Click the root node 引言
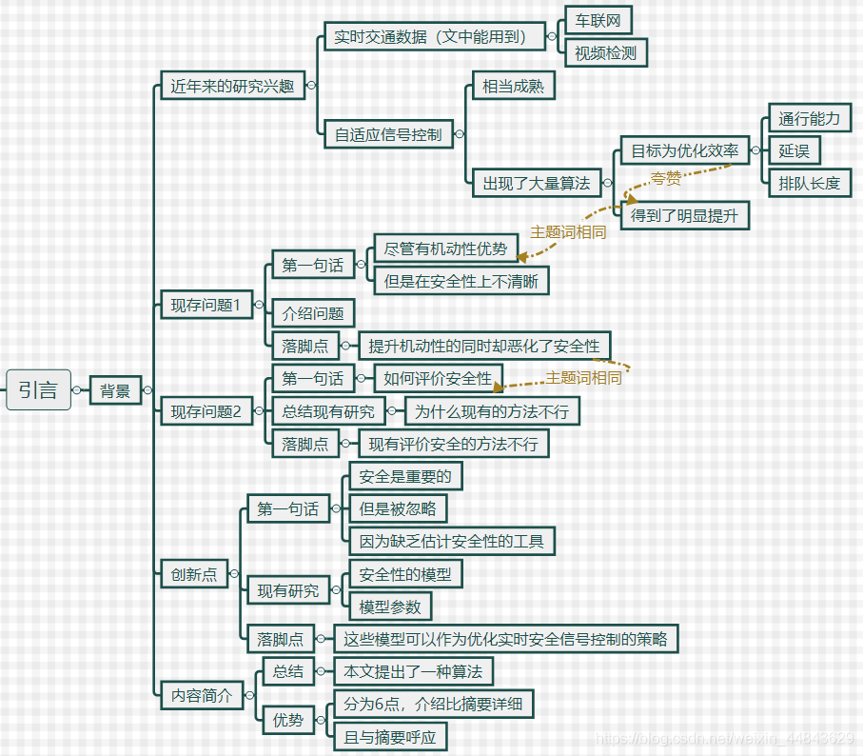coord(38,389)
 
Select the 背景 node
coord(115,390)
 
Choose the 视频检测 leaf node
coord(605,53)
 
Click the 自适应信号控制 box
coord(388,134)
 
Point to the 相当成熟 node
coord(513,86)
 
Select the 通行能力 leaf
coord(809,118)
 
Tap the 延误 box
coord(794,150)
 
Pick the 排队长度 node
coord(809,183)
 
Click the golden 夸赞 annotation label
coord(666,178)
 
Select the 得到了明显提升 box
coord(684,215)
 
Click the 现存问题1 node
coord(206,305)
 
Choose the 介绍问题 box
coord(313,313)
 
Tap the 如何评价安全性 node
coord(438,378)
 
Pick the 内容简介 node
coord(201,695)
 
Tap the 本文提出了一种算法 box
coord(413,671)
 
